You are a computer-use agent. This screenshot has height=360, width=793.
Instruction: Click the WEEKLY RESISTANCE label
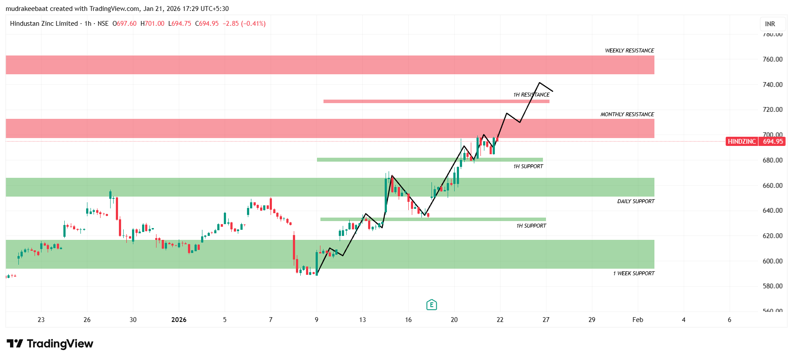coord(629,51)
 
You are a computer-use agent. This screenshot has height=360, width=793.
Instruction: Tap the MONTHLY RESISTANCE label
coord(627,114)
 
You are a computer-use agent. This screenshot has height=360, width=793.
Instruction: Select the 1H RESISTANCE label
coord(531,95)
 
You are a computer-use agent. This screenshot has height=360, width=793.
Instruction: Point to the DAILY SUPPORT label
coord(636,201)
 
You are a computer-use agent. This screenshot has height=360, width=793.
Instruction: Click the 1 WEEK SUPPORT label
coord(633,273)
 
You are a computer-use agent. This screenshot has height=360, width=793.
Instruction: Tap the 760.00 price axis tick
coord(772,59)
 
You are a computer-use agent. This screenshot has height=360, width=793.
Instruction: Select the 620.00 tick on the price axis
coord(772,236)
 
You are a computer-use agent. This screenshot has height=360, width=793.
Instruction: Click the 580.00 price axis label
coord(772,286)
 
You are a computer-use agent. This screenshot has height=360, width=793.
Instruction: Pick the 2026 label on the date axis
coord(179,320)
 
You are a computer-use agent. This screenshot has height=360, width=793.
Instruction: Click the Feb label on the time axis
coord(637,320)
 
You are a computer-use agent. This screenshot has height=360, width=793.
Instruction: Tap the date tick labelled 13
coord(362,320)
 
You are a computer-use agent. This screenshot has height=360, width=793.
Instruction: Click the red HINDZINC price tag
coord(741,142)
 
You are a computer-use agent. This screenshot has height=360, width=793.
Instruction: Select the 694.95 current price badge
coord(772,142)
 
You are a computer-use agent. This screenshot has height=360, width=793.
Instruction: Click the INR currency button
coord(770,24)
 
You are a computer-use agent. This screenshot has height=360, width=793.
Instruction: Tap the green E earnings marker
coord(431,305)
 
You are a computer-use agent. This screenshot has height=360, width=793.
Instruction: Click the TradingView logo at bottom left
coord(50,344)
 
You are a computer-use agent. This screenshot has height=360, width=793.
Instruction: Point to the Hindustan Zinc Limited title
coord(44,24)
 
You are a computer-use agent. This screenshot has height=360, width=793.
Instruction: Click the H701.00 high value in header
coord(152,24)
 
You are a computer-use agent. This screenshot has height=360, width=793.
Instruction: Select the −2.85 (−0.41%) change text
coord(244,24)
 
